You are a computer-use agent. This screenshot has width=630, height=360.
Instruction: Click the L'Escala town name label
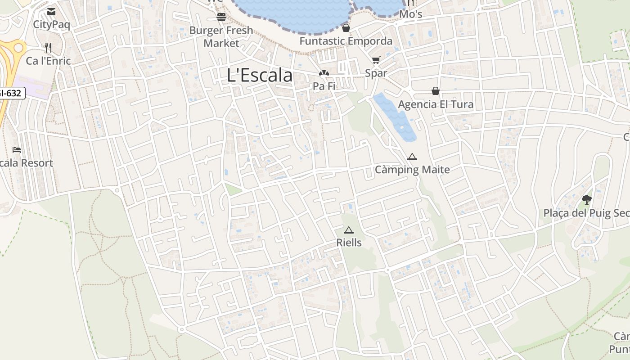pyautogui.click(x=260, y=75)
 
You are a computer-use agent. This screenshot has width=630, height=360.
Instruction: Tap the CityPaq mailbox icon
pyautogui.click(x=51, y=12)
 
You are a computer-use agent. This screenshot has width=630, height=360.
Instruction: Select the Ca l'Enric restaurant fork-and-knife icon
pyautogui.click(x=48, y=47)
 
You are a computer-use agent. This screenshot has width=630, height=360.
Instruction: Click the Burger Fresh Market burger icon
pyautogui.click(x=221, y=17)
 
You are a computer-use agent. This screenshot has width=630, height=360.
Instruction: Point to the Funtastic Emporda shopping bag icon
pyautogui.click(x=346, y=28)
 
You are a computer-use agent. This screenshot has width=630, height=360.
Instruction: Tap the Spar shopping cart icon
pyautogui.click(x=376, y=60)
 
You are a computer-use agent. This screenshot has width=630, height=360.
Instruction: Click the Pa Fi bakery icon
pyautogui.click(x=324, y=73)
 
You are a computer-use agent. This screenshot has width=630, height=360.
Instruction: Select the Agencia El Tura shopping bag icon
pyautogui.click(x=435, y=91)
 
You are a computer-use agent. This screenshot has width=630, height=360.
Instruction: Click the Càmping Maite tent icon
pyautogui.click(x=412, y=157)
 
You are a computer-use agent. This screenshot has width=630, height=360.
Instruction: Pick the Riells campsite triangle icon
pyautogui.click(x=349, y=230)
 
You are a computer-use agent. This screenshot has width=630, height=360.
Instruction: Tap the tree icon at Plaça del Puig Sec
pyautogui.click(x=586, y=199)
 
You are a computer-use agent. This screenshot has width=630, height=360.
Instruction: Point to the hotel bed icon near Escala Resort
pyautogui.click(x=17, y=150)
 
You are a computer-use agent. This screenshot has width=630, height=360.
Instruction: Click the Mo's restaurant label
pyautogui.click(x=410, y=14)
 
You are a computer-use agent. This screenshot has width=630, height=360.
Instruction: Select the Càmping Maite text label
pyautogui.click(x=412, y=170)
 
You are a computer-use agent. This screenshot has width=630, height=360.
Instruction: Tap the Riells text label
pyautogui.click(x=349, y=243)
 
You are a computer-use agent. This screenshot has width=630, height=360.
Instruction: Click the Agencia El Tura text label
pyautogui.click(x=436, y=104)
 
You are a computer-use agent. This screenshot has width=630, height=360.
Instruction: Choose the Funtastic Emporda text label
pyautogui.click(x=346, y=41)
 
